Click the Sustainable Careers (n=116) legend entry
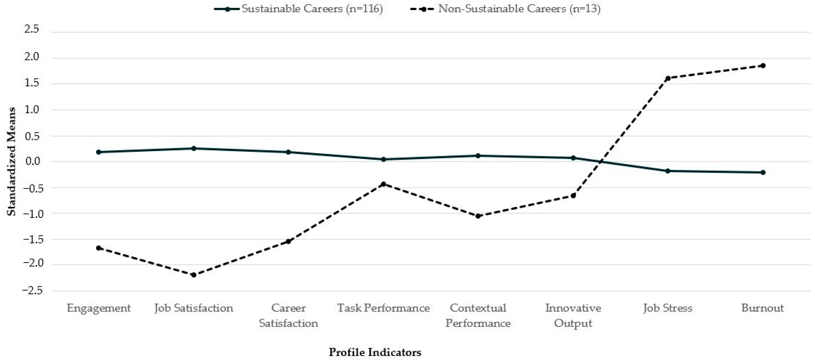coord(298,9)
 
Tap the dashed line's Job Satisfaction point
coord(194,275)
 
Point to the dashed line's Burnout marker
coord(763,65)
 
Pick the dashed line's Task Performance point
coord(383,184)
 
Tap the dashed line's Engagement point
coord(99,248)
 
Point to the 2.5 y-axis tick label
coord(32,29)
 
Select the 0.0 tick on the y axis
coord(32,161)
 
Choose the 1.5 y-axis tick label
coord(32,83)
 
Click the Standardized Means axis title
coord(11,161)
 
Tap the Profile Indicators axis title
coord(375,352)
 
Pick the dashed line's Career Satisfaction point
coord(288,241)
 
